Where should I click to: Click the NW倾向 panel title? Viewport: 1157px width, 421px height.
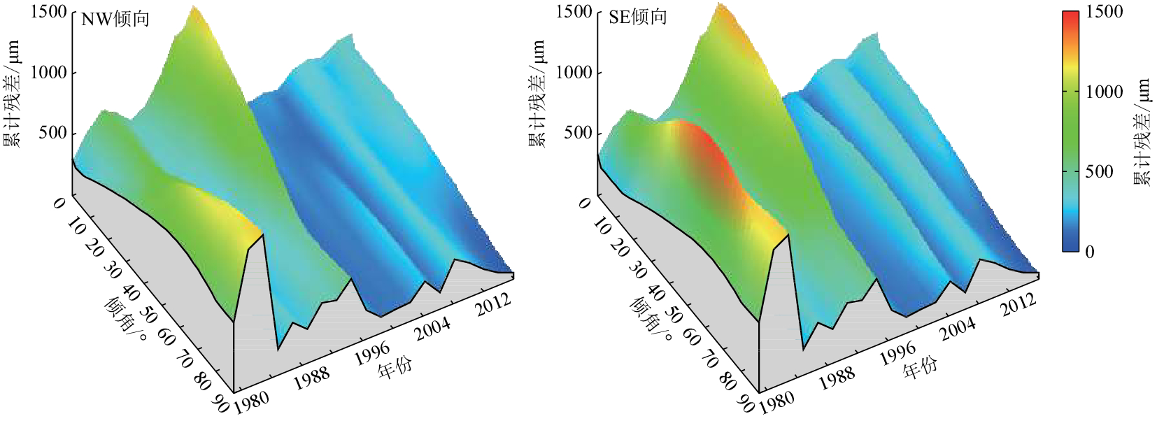pos(115,19)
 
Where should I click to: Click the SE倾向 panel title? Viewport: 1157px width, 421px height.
pos(637,17)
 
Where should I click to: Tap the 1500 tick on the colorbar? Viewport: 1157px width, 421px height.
pos(1104,12)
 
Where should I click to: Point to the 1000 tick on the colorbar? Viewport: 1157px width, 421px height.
pos(1104,92)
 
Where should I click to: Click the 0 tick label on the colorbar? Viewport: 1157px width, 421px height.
pos(1089,252)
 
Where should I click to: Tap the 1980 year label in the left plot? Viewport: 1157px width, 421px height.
pos(250,402)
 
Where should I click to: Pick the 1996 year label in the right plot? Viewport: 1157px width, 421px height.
pos(897,354)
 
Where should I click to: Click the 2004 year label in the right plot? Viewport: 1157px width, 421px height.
pos(958,329)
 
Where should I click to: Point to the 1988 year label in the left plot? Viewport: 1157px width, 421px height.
pos(311,378)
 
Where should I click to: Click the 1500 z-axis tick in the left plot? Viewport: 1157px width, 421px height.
pos(48,12)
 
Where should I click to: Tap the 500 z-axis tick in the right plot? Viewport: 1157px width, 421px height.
pos(578,133)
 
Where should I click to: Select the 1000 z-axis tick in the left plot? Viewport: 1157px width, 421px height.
pos(48,72)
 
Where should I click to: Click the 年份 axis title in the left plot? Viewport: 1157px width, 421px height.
pos(395,366)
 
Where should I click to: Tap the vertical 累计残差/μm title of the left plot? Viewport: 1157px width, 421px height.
pos(12,94)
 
